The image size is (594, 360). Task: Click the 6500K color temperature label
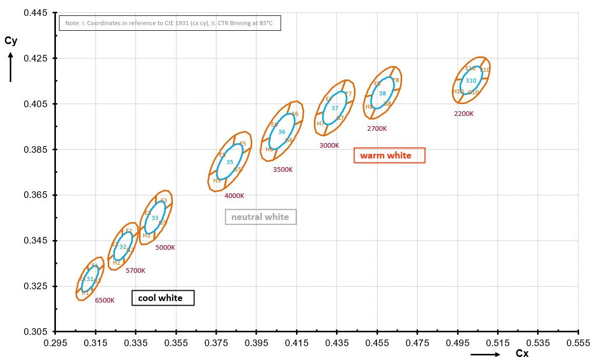(105, 301)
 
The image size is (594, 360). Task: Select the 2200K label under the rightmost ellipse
(464, 114)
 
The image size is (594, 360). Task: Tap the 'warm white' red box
(390, 155)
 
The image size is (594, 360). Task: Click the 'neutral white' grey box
(261, 217)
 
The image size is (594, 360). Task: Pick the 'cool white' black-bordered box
(163, 298)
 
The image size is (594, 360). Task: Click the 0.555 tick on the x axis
(579, 342)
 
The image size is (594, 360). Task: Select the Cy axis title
(11, 42)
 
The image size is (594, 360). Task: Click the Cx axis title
(522, 354)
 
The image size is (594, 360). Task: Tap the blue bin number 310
(471, 81)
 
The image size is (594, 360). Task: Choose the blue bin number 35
(230, 162)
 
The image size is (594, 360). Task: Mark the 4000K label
(234, 195)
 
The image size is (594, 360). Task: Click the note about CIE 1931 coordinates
(170, 24)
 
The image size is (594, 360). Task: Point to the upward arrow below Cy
(11, 68)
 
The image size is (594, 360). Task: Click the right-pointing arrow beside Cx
(485, 354)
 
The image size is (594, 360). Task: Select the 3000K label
(329, 146)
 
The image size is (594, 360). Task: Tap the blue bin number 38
(383, 93)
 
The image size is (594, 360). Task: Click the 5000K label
(165, 247)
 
